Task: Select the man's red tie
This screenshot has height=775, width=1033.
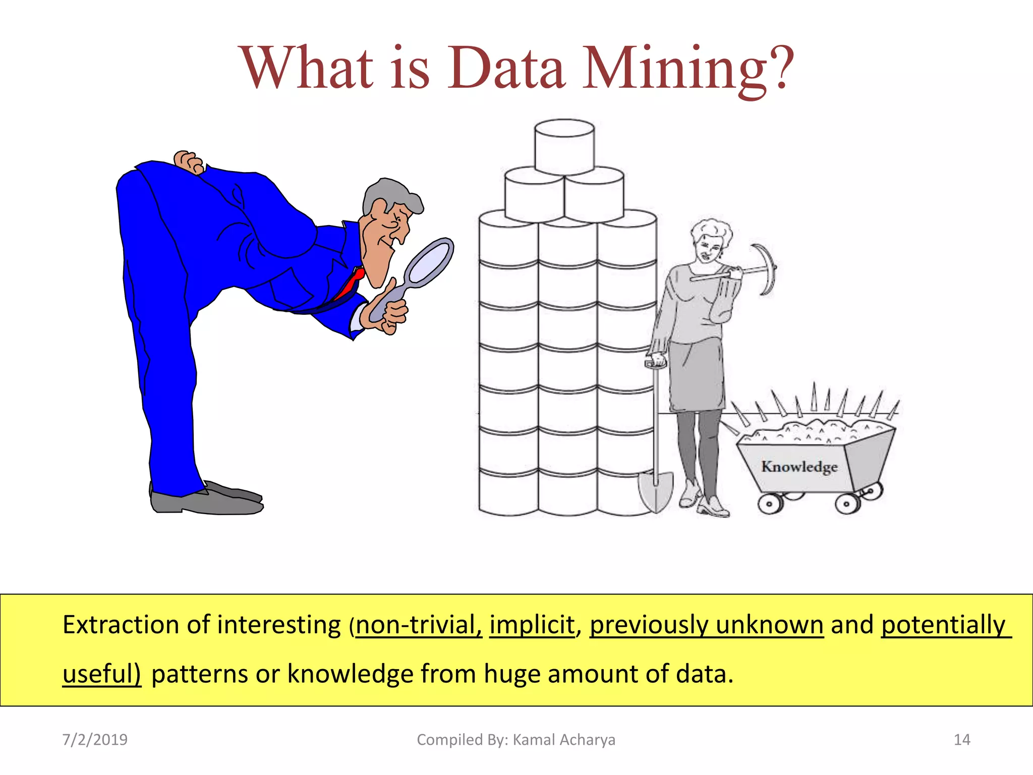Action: pyautogui.click(x=350, y=285)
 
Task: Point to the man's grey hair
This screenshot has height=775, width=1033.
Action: pyautogui.click(x=391, y=194)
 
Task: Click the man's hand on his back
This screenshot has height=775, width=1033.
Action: pyautogui.click(x=189, y=161)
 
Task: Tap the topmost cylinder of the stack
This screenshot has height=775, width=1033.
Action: pyautogui.click(x=564, y=146)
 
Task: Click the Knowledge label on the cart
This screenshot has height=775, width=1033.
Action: pyautogui.click(x=799, y=467)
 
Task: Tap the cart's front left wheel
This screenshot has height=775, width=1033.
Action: pyautogui.click(x=769, y=504)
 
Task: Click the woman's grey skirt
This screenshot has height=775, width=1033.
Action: pyautogui.click(x=696, y=376)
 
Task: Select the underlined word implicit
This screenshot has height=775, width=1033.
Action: pyautogui.click(x=532, y=625)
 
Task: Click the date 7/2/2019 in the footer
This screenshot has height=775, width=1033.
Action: pyautogui.click(x=95, y=740)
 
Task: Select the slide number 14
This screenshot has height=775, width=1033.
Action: pyautogui.click(x=962, y=740)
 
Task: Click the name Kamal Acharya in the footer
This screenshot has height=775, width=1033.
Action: pyautogui.click(x=564, y=740)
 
